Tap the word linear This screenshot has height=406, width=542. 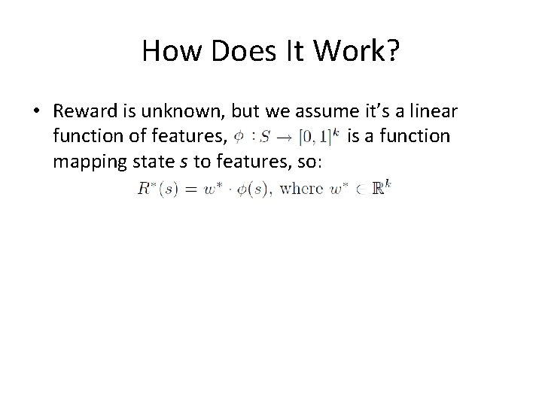(x=436, y=111)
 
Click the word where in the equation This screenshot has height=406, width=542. (x=300, y=189)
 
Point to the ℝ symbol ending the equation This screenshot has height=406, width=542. (x=382, y=188)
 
